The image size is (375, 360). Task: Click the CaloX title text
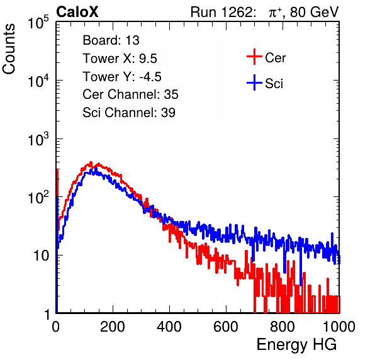77,12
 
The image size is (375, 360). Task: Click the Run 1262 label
221,12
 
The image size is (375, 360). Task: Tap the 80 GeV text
314,12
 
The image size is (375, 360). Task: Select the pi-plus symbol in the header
275,13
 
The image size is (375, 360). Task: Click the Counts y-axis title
9,49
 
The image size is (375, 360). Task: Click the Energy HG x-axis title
296,344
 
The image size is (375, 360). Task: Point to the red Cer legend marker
254,57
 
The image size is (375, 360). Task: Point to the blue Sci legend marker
254,82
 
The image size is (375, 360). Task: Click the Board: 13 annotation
111,40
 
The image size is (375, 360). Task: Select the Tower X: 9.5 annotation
120,59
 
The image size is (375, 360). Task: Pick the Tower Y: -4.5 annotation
122,77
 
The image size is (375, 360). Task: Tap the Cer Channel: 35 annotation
130,94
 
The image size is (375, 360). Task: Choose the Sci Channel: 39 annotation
129,113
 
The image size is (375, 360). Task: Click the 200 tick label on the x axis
113,327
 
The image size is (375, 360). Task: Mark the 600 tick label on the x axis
226,327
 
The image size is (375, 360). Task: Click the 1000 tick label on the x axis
339,327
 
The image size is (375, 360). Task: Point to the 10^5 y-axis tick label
38,22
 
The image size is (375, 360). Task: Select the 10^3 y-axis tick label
38,138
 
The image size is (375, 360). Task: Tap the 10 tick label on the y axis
41,256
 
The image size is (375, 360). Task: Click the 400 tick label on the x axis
169,327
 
